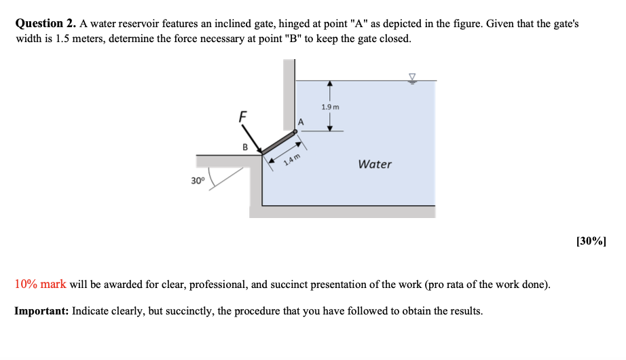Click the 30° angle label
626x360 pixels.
pyautogui.click(x=197, y=181)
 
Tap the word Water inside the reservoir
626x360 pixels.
pyautogui.click(x=375, y=164)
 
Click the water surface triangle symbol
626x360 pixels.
pyautogui.click(x=411, y=77)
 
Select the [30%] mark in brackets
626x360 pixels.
pyautogui.click(x=591, y=240)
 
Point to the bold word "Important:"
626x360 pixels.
pyautogui.click(x=41, y=311)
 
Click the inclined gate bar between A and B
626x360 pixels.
pyautogui.click(x=278, y=143)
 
